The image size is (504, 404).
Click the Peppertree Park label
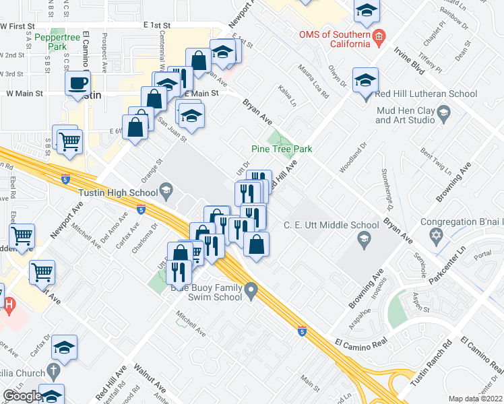click(61, 43)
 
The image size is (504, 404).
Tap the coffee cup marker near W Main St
click(79, 84)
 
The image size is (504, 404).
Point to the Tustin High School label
click(118, 193)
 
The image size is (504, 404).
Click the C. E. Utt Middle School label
click(331, 225)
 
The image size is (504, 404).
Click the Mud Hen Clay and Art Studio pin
click(443, 116)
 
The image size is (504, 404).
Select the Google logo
click(22, 396)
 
